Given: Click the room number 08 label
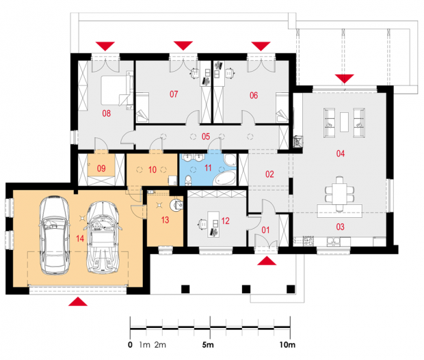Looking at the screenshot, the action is [x=106, y=113].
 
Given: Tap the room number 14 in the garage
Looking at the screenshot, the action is [x=80, y=238].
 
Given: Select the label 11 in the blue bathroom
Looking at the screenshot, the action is [x=208, y=168].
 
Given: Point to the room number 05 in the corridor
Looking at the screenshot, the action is [x=206, y=137].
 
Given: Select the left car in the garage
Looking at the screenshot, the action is [x=55, y=236].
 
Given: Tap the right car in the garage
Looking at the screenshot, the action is [x=103, y=237].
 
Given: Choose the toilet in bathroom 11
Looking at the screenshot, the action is [x=188, y=180].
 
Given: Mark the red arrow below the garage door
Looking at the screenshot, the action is [x=78, y=302].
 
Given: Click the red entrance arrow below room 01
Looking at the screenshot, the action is [x=267, y=261].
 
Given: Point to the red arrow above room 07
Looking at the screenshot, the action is [x=183, y=46].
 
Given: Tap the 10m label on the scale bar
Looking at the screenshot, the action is [x=287, y=345].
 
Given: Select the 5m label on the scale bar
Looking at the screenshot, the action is [x=208, y=345].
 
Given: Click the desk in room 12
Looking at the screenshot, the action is [x=213, y=224].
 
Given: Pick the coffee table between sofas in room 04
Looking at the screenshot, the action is [x=344, y=122].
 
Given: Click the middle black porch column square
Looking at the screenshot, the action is [x=246, y=289].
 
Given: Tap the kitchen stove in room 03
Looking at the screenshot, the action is [x=308, y=240].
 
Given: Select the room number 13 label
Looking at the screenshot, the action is [x=165, y=220].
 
